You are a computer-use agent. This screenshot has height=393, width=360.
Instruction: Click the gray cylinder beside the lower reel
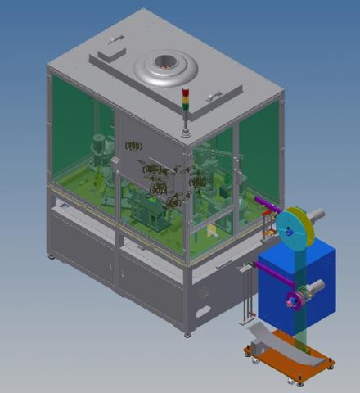[x=318, y=287]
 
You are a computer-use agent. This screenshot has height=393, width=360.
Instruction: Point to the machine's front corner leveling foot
[x=187, y=332]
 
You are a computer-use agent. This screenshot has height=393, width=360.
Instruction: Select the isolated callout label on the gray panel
[x=133, y=146]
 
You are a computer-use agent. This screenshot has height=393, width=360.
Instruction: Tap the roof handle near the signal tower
[x=214, y=97]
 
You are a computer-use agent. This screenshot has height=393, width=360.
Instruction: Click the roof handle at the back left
[x=115, y=36]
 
